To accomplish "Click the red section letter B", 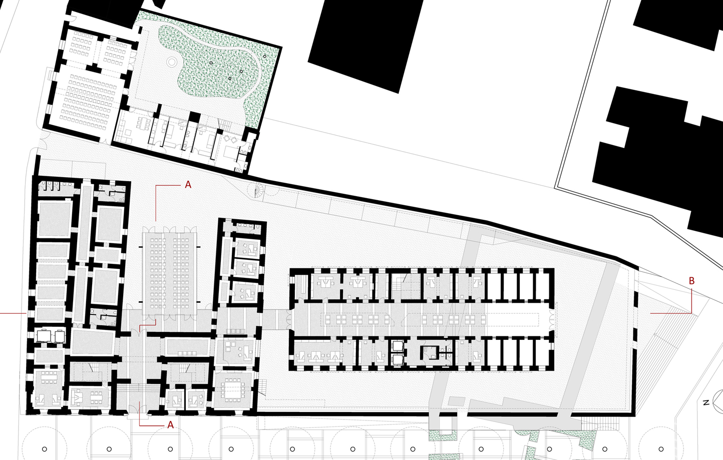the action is tap(691, 281).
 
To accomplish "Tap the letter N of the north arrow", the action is tap(706, 402).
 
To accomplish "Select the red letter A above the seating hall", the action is tap(188, 185).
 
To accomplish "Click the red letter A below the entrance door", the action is tap(170, 425).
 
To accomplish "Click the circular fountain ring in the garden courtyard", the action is tap(171, 62).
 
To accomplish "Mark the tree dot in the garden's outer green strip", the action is tap(265, 56).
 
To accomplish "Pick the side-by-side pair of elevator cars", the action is tap(51, 336).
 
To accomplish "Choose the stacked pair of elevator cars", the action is tap(397, 353).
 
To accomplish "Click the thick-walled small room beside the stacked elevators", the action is tap(429, 352).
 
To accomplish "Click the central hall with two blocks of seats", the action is tap(170, 275).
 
